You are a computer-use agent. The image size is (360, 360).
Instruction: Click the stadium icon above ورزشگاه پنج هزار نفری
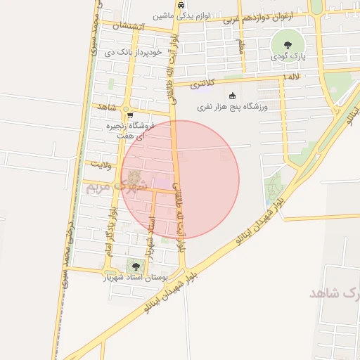231,96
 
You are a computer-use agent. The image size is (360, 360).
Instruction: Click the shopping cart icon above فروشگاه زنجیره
129,114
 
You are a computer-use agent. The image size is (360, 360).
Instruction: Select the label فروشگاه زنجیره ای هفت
130,129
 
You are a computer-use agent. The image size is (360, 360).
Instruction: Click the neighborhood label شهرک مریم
126,186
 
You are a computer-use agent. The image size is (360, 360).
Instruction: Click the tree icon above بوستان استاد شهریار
134,266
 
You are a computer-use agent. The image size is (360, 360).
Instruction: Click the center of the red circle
180,179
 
